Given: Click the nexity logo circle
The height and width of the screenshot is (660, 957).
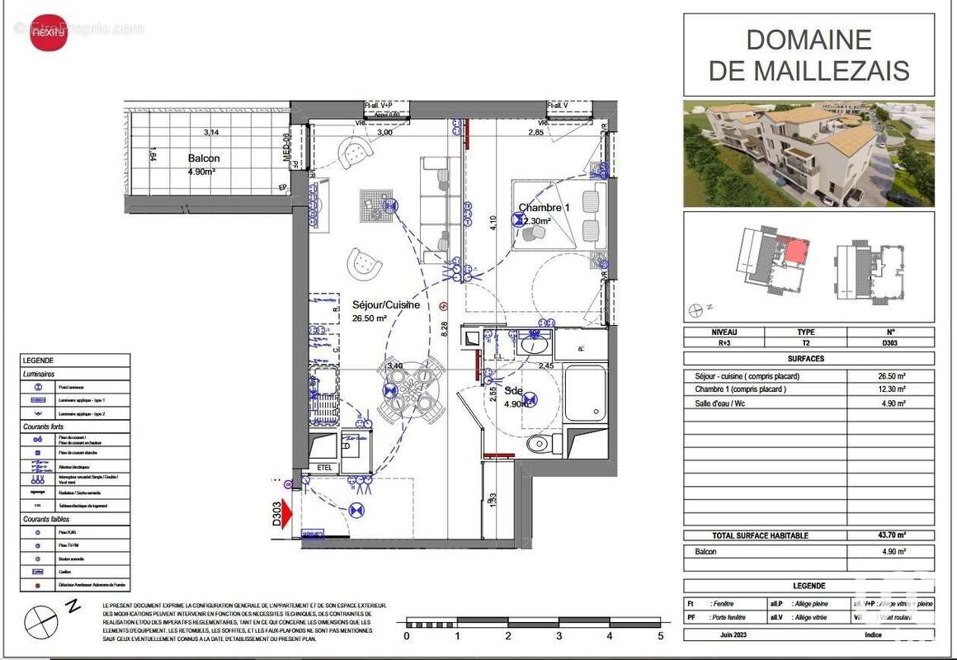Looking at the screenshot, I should click(x=49, y=34).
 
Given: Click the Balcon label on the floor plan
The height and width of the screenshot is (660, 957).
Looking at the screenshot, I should click(x=204, y=158).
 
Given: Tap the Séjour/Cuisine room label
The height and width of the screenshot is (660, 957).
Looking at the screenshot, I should click(x=386, y=304).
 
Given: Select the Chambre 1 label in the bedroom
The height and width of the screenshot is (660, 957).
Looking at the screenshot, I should click(x=544, y=208).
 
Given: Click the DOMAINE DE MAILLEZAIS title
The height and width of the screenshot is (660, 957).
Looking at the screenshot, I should click(x=808, y=54).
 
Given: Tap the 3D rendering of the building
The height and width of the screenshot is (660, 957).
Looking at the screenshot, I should click(x=808, y=153).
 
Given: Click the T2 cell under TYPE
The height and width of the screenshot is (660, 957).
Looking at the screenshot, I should click(x=806, y=342).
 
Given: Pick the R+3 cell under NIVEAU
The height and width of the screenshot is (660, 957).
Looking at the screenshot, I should click(x=724, y=342).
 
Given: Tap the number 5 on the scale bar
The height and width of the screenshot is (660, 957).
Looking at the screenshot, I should click(x=660, y=636).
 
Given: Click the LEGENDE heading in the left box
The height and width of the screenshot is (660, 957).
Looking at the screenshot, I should click(x=39, y=361).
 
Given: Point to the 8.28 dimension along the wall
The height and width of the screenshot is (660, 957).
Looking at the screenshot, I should click(x=443, y=330).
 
